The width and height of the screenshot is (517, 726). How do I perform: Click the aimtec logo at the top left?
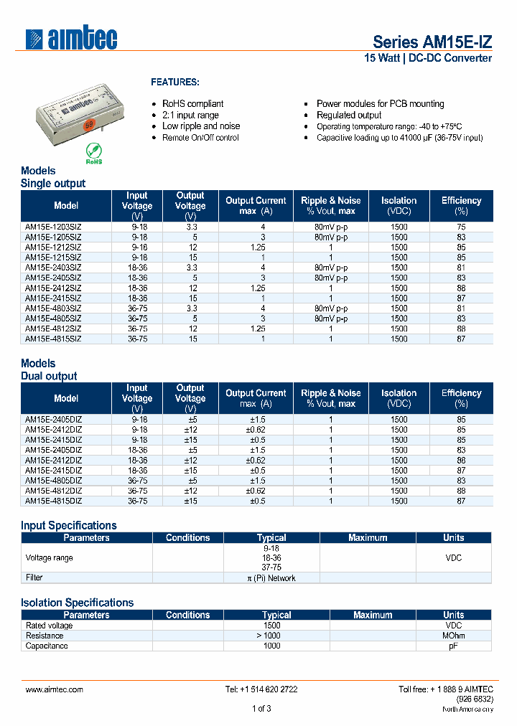pos(71,39)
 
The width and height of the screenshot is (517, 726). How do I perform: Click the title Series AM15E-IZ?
pos(432,42)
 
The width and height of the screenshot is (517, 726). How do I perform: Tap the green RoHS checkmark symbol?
pos(93,150)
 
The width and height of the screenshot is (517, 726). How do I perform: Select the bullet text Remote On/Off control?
pos(200,137)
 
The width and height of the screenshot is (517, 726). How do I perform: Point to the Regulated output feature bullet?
pos(349,115)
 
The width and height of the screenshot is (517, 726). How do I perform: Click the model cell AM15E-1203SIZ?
pos(54,227)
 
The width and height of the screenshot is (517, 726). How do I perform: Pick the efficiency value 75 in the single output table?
pos(461,227)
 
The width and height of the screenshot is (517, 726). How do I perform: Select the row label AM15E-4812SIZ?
pos(54,328)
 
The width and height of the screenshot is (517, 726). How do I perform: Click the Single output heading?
pos(52,184)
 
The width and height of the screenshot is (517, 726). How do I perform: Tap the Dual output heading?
pos(49,376)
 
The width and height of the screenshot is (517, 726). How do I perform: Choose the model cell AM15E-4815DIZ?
pos(54,501)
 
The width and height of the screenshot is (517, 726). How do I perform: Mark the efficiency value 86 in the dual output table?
pos(461,461)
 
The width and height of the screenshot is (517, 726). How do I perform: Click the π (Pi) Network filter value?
pos(271,577)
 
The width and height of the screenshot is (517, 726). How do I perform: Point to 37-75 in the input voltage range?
pos(271,567)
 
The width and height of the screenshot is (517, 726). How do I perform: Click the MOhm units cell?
pos(453,636)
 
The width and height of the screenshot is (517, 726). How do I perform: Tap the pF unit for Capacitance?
pos(453,646)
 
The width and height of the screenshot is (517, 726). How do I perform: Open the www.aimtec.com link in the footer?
pos(55,689)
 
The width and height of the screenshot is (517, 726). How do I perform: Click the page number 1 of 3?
pos(261,709)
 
